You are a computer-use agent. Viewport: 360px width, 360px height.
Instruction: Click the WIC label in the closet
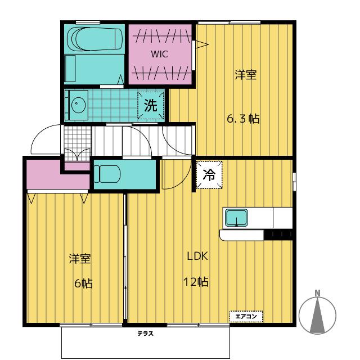[159, 54]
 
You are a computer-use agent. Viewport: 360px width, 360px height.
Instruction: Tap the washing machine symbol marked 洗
[151, 105]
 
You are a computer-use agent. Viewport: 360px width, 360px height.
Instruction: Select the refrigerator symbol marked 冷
[209, 175]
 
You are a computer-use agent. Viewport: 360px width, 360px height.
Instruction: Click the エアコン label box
[246, 317]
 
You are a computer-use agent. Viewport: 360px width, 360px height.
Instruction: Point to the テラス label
[145, 334]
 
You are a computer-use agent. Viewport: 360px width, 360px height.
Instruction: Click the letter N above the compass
[317, 293]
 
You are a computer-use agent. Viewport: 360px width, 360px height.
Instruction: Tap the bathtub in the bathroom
[94, 39]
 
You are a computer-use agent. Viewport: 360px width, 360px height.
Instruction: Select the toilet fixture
[107, 174]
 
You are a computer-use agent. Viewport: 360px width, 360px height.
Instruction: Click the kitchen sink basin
[236, 218]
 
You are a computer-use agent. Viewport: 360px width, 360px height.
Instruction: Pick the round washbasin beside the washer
[79, 105]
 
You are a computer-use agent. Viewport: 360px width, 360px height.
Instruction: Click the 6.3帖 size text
[244, 119]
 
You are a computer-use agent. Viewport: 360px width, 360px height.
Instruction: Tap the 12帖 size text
[196, 282]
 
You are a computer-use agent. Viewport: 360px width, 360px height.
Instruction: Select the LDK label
[197, 256]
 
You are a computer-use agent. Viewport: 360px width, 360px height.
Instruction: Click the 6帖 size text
[84, 283]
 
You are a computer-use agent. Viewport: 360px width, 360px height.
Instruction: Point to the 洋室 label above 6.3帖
[246, 75]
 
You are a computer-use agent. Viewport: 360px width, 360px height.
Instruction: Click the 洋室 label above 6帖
[80, 259]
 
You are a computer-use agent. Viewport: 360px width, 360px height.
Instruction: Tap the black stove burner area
[278, 235]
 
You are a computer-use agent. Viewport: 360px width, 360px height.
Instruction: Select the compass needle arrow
[317, 315]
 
